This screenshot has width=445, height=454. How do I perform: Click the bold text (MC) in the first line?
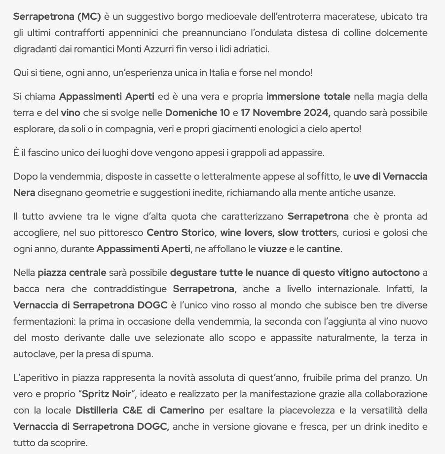89,16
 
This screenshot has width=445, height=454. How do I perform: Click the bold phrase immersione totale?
308,96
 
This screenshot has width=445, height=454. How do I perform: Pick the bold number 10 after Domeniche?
224,113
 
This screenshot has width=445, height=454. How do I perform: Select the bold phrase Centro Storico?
181,232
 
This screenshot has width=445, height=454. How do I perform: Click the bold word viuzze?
272,249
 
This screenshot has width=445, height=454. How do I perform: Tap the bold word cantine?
323,249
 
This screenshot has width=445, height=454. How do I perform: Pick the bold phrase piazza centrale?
72,272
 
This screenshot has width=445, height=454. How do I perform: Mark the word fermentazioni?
44,321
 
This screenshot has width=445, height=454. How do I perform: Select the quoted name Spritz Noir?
109,394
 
